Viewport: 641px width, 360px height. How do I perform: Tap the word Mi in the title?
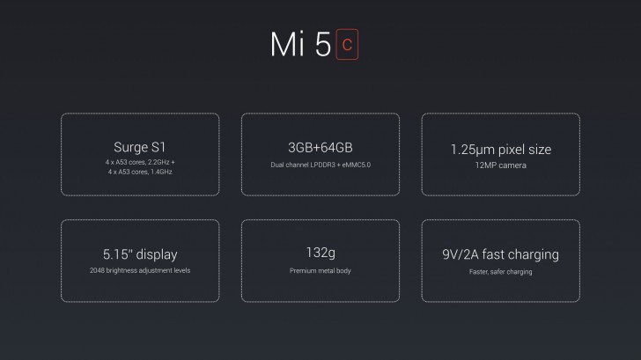click(x=287, y=46)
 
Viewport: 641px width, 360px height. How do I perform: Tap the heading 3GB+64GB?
click(x=320, y=148)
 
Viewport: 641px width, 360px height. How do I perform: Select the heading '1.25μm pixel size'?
click(x=500, y=150)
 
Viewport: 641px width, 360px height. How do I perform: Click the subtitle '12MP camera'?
click(x=500, y=165)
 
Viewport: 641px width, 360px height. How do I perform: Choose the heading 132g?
click(x=320, y=254)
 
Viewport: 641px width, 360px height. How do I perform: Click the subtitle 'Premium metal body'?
click(x=320, y=270)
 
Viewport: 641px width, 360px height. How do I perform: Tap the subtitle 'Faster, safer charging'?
click(x=500, y=271)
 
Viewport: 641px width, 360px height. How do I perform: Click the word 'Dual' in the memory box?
click(x=279, y=165)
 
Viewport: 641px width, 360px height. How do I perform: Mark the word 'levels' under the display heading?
click(x=180, y=270)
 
